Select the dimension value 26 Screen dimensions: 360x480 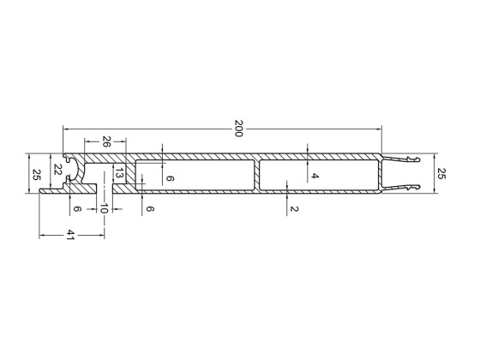pos(106,141)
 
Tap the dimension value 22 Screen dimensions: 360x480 pos(57,169)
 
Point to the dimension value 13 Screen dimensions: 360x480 pos(120,174)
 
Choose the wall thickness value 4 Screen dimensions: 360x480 pos(315,176)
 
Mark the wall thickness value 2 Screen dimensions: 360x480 pos(294,209)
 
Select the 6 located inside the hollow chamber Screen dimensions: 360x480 pos(170,178)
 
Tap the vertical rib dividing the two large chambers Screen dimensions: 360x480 pos(256,174)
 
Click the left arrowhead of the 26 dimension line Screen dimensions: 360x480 pos(84,141)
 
